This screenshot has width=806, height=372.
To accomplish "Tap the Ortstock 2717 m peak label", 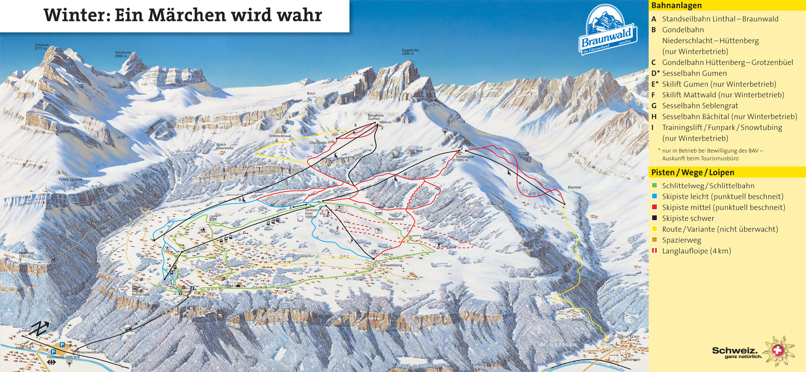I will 41,46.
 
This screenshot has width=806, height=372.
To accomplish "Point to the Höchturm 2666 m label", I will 123,54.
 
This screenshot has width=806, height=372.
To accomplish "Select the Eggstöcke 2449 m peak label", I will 410,52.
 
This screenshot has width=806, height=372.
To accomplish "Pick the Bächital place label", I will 574,187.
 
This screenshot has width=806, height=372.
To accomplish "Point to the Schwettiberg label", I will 391,265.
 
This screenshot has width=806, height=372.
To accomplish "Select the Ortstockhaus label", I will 280,136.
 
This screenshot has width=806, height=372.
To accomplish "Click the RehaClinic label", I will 140,294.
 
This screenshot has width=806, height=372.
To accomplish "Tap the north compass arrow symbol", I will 40,328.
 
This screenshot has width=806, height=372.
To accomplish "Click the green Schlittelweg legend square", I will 654,186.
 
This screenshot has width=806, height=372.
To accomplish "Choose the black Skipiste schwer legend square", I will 654,218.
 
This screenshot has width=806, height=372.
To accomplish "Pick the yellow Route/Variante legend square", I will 654,229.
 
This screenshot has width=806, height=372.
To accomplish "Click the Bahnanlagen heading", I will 676,6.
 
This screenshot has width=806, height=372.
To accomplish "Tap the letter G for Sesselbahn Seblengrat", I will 654,106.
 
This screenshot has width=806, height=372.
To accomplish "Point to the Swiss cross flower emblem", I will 778,351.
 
